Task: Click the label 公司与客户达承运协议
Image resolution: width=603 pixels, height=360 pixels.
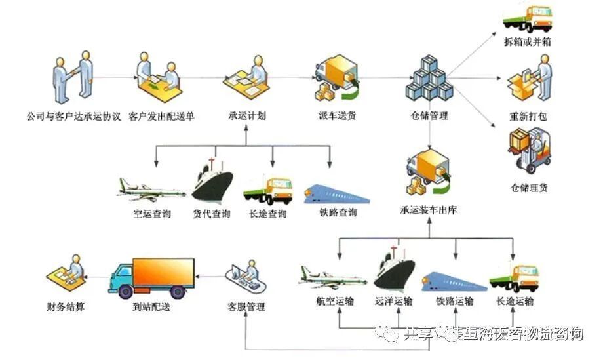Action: [73, 117]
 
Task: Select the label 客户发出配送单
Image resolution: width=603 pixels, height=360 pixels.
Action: [161, 117]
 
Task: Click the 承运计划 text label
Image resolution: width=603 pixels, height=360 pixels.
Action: [246, 117]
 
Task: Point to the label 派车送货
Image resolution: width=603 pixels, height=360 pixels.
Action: [337, 117]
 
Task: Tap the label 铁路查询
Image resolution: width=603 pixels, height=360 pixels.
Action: [338, 214]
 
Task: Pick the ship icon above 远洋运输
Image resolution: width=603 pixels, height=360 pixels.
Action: [395, 268]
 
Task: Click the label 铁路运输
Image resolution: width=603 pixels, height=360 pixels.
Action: [454, 302]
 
